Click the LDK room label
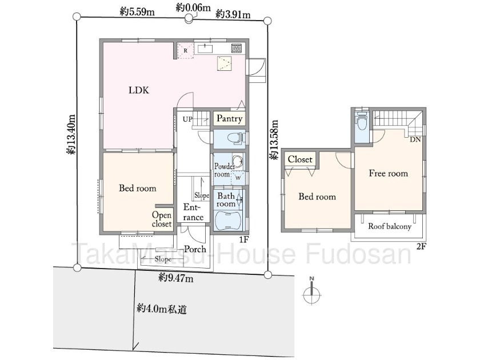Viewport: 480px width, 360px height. pyautogui.click(x=139, y=90)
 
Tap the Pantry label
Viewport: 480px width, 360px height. pyautogui.click(x=229, y=118)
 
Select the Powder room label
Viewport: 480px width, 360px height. pyautogui.click(x=224, y=170)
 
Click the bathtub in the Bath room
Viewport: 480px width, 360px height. pyautogui.click(x=229, y=221)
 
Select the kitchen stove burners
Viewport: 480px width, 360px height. pyautogui.click(x=236, y=48)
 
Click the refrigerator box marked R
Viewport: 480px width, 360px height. pyautogui.click(x=186, y=50)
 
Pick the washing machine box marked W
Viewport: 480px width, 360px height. pyautogui.click(x=238, y=178)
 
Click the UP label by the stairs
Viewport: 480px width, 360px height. pyautogui.click(x=187, y=119)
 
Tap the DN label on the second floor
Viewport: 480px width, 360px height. pyautogui.click(x=415, y=139)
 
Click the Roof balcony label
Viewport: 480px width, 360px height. pyautogui.click(x=389, y=226)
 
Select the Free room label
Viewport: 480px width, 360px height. pyautogui.click(x=389, y=173)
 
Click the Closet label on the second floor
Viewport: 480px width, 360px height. pyautogui.click(x=300, y=159)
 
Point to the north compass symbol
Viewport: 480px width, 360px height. pyautogui.click(x=311, y=293)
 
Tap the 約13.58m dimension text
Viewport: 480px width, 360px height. pyautogui.click(x=274, y=139)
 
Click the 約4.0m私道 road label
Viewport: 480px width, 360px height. pyautogui.click(x=161, y=309)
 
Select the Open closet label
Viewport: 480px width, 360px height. pyautogui.click(x=162, y=219)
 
